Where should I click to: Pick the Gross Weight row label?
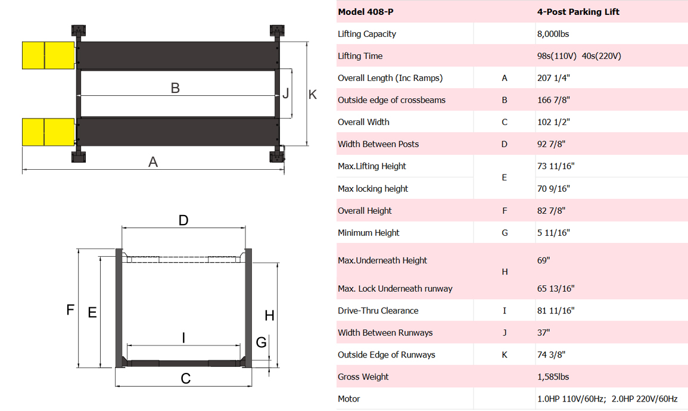[363, 377]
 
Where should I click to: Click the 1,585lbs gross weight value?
[553, 377]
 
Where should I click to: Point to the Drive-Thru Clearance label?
[378, 311]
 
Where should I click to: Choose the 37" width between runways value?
[543, 333]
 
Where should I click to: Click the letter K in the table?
[505, 355]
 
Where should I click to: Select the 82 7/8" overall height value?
[551, 211]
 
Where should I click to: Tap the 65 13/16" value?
[555, 289]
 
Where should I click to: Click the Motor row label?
[348, 399]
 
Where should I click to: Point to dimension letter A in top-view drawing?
[153, 162]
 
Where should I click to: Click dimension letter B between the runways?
[175, 88]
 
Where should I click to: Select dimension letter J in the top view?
[286, 94]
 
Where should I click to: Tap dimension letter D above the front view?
[183, 220]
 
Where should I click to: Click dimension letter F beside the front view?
[70, 310]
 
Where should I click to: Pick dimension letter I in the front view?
[183, 338]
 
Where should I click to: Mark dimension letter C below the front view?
[186, 379]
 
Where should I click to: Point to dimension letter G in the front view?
[261, 342]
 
